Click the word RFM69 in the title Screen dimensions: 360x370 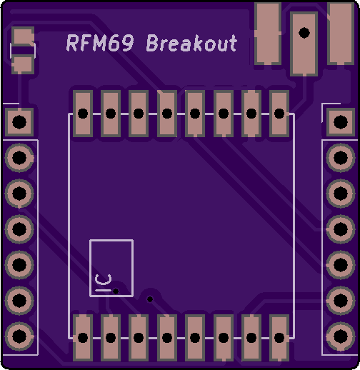click(100, 43)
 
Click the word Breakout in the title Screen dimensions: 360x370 click(191, 43)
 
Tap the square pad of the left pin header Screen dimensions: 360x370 click(19, 122)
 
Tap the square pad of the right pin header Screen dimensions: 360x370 click(341, 122)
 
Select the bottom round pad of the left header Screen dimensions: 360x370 click(19, 336)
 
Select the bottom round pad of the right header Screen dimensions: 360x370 click(341, 336)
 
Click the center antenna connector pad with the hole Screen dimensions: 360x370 click(304, 44)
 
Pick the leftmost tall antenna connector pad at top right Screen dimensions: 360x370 click(268, 34)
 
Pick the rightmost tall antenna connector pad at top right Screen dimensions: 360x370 click(341, 34)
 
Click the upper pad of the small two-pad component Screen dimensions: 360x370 click(23, 36)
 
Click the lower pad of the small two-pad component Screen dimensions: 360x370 click(23, 64)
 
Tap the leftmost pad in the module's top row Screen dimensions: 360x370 click(83, 114)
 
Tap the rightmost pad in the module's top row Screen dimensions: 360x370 click(279, 114)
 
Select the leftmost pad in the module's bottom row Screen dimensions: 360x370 click(83, 338)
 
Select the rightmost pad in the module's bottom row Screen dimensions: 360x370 click(279, 338)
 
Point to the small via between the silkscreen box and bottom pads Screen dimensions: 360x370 click(150, 299)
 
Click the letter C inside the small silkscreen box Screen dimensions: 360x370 click(103, 279)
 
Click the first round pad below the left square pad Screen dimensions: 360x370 click(19, 158)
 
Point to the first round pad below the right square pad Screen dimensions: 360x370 click(341, 158)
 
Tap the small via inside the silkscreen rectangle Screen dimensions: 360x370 click(116, 291)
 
